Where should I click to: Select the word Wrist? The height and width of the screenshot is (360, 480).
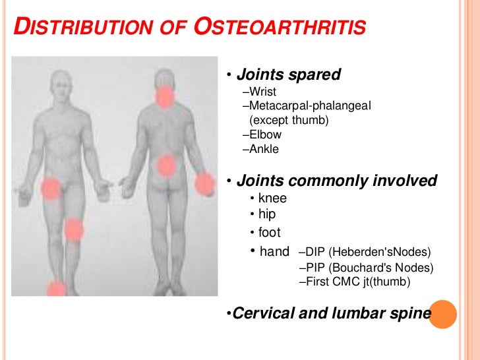[262, 91]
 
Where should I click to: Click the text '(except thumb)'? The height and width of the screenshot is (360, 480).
[288, 120]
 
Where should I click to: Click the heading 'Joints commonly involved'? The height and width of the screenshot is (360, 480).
[336, 181]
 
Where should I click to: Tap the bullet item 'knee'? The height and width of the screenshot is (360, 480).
[272, 198]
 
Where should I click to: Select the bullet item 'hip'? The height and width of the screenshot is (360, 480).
[267, 214]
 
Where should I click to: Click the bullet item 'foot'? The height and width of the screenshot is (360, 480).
[270, 232]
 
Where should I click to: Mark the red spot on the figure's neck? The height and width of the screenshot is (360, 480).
[164, 98]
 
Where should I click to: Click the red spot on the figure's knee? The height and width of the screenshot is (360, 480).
[73, 230]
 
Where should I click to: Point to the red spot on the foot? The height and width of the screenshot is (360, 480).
[57, 288]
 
